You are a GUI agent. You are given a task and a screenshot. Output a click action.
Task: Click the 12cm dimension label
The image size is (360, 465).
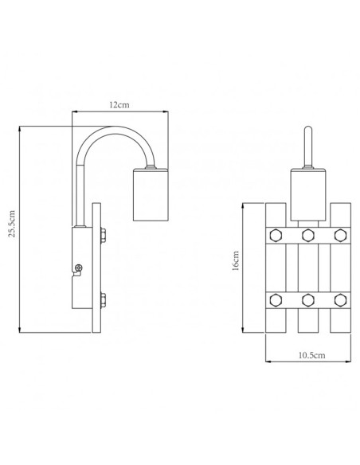coord(119,105)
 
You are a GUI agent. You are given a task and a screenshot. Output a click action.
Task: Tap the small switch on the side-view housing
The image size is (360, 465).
coord(77,269)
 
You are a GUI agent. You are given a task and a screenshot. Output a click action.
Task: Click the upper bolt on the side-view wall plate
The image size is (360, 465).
coord(106,235)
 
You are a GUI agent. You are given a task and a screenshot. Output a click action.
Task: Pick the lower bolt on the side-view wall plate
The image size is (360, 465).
coord(106,300)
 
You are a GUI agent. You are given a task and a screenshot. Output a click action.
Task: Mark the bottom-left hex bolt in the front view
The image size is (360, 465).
coord(276,299)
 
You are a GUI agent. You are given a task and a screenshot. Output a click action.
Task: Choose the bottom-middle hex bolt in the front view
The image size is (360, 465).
coord(307,299)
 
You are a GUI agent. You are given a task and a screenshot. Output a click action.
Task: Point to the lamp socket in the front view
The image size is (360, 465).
coord(307,194)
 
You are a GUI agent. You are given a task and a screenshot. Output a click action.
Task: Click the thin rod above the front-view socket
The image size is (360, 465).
coord(307,148)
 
